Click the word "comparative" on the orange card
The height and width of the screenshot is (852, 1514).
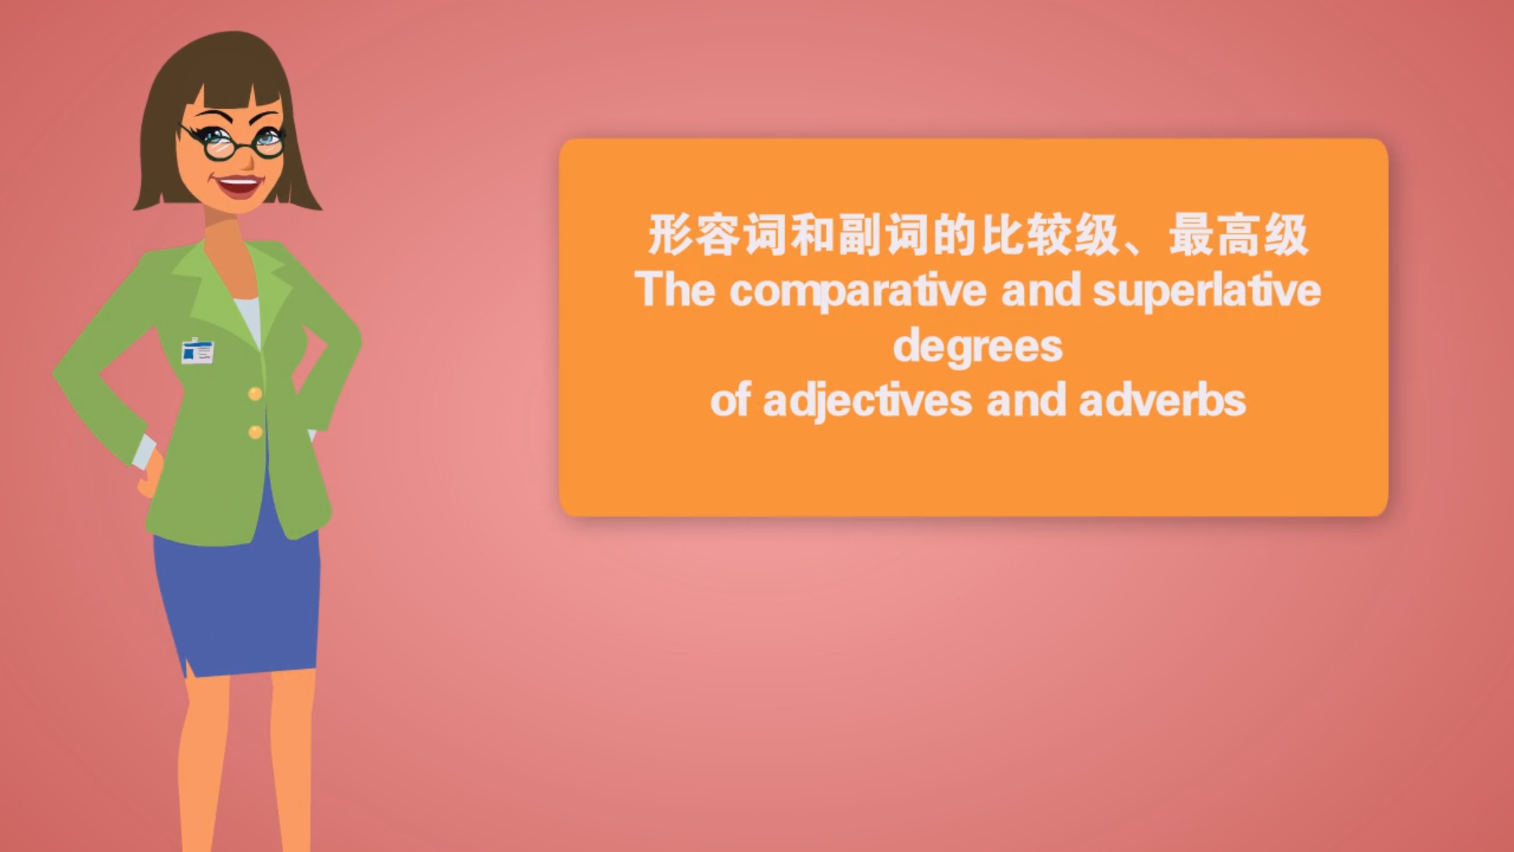[x=858, y=291]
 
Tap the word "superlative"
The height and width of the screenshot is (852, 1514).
[x=1207, y=291]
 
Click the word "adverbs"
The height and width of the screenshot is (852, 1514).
[x=1162, y=400]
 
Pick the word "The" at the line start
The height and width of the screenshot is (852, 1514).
[x=675, y=290]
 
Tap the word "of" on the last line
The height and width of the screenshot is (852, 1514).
[x=730, y=399]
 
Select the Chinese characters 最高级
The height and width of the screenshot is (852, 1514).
[x=1238, y=234]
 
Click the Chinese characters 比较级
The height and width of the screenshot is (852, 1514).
[x=1049, y=234]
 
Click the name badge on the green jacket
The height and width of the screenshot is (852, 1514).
[x=197, y=351]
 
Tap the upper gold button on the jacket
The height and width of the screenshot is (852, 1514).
[x=255, y=394]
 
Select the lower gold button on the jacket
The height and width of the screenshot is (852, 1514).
[x=255, y=432]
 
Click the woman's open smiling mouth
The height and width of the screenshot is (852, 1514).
[x=238, y=186]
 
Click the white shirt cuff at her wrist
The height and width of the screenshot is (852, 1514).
[x=144, y=451]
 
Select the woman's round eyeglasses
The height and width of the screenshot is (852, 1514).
[x=234, y=143]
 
